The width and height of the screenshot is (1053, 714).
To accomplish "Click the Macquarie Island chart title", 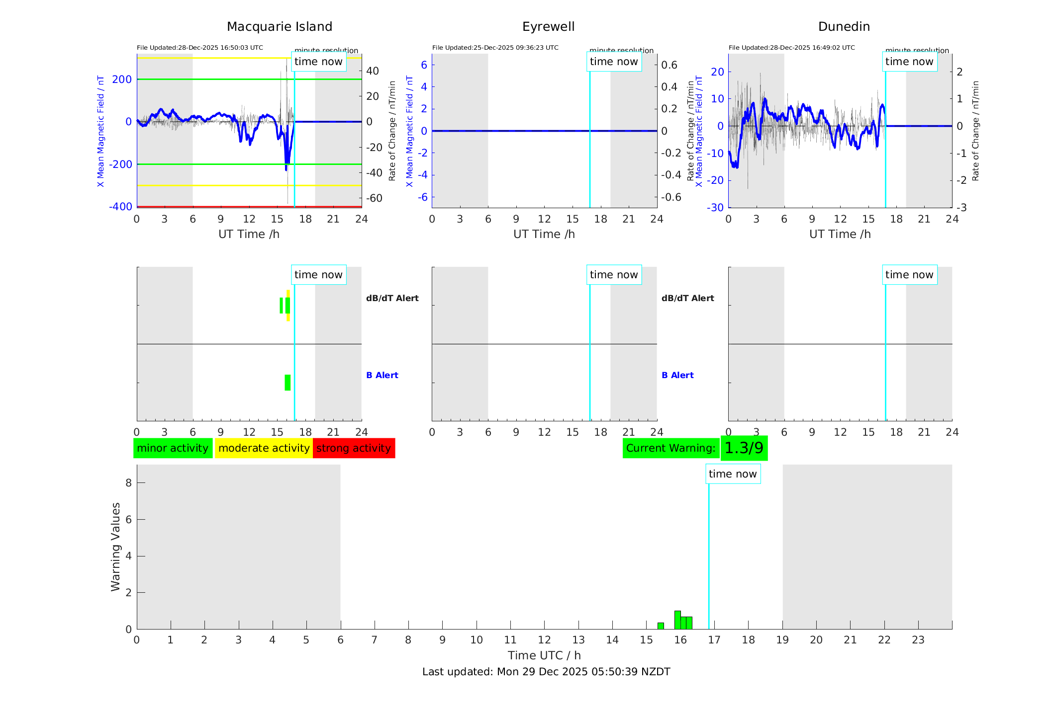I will point(279,27).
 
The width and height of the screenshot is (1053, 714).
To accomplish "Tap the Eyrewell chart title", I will point(548,27).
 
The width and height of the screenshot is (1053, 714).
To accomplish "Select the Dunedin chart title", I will point(844,27).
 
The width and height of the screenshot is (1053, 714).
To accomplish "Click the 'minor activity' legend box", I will point(173,448).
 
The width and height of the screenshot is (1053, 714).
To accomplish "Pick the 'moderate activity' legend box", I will point(264,448).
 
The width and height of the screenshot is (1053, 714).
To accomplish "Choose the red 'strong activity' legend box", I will point(354,448).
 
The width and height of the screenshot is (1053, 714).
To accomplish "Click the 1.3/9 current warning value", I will point(744,448).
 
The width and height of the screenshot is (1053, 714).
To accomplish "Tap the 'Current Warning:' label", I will point(670,448).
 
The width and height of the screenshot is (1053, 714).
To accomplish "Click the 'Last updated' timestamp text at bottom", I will point(546,672).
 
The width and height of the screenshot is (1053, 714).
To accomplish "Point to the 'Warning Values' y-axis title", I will point(116,547).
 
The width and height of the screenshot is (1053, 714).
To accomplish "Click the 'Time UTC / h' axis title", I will point(544,655).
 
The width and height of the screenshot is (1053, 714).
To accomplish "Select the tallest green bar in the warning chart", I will point(677,620).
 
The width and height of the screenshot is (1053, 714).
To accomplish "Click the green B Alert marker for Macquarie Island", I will point(287,383).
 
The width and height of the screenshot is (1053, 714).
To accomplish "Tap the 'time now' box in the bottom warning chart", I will point(733,474).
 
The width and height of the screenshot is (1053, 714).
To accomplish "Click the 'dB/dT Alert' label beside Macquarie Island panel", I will point(392,298).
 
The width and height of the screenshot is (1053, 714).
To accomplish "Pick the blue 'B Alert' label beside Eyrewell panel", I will point(677,375).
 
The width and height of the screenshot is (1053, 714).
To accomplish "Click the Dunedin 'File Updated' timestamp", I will point(791,48).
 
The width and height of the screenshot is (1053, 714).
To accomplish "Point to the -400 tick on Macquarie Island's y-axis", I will point(121,206).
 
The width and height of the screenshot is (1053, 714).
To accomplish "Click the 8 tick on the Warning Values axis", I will point(128,482).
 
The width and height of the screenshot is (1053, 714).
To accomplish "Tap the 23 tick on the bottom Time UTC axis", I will point(918,640).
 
